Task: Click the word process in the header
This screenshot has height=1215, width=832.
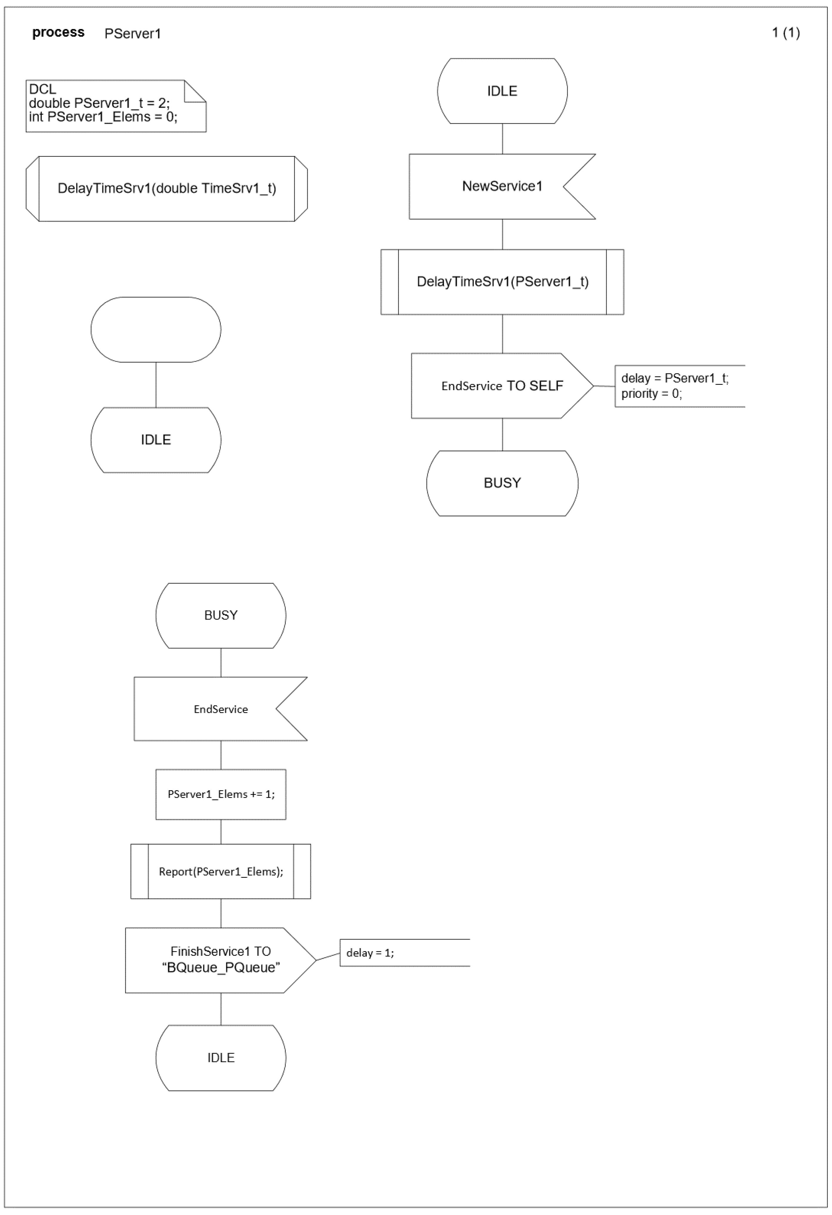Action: coord(58,32)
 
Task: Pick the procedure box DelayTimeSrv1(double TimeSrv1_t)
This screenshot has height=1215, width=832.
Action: coord(167,189)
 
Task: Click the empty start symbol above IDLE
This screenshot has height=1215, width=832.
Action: coord(156,329)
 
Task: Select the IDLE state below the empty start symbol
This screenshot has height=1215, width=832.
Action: coord(156,440)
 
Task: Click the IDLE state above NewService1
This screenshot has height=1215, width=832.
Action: coord(502,91)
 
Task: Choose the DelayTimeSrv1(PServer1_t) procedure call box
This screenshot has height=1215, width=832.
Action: coord(502,282)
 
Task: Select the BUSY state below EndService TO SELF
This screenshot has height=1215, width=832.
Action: coord(502,483)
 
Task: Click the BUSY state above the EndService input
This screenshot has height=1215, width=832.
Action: coord(220,615)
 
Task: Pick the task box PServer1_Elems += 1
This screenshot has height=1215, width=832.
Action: coord(220,794)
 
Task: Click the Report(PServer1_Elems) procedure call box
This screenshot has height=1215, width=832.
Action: coord(220,871)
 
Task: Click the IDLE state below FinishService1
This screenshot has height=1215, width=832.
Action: coord(220,1058)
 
